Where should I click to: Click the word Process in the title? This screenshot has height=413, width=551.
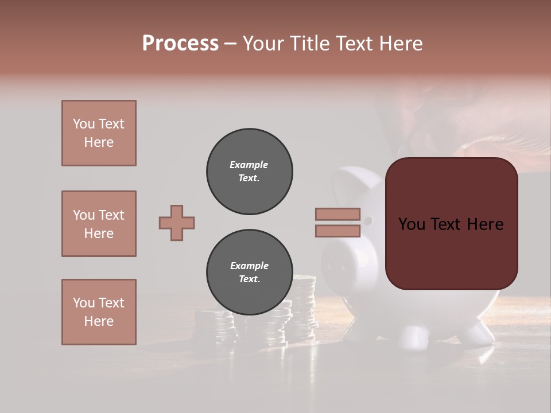tap(180, 44)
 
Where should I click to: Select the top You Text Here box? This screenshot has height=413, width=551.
tap(99, 133)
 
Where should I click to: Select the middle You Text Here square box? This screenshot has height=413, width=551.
tap(99, 224)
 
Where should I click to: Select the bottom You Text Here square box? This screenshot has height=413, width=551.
tap(99, 311)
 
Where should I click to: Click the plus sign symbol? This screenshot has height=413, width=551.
tap(177, 223)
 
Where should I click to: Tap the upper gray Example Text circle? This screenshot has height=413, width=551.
tap(250, 171)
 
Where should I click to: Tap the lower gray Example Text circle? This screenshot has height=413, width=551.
tap(250, 272)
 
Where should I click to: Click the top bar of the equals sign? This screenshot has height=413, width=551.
tap(337, 215)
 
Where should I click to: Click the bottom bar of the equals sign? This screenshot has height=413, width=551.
tap(337, 231)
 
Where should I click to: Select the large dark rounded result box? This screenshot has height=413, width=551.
tap(451, 223)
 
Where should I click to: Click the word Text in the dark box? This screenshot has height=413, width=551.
tap(451, 224)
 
